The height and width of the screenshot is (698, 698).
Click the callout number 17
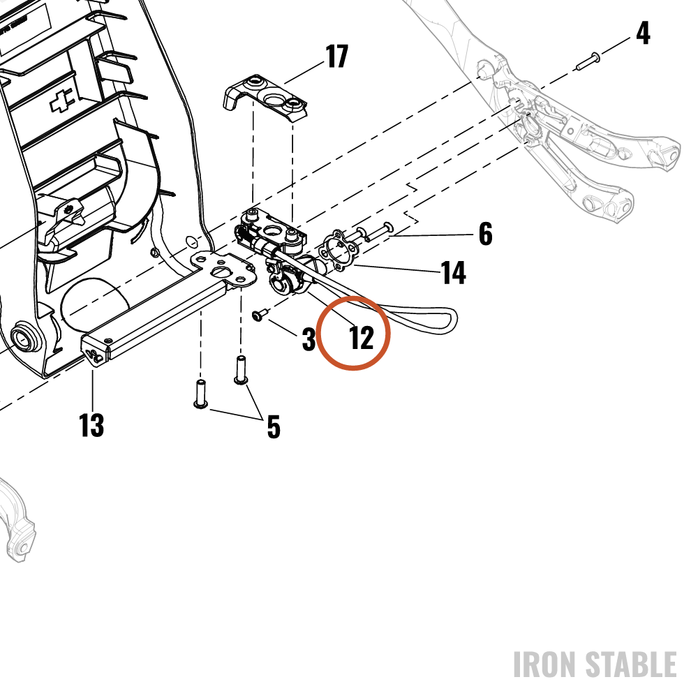(x=336, y=57)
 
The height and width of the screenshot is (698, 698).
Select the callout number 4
(x=643, y=33)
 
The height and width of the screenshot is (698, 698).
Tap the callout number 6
(x=486, y=234)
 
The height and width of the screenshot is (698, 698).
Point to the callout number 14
(x=454, y=272)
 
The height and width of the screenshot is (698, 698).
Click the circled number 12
(x=362, y=339)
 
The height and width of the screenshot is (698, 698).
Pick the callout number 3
(x=309, y=339)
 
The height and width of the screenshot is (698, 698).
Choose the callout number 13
(x=91, y=424)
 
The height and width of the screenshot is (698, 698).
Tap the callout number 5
(x=274, y=427)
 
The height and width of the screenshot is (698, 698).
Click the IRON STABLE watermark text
(x=595, y=664)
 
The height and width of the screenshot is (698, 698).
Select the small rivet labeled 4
(x=588, y=61)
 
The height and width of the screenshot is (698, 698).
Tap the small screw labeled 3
(x=260, y=315)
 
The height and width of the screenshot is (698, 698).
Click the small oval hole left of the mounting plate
(x=191, y=242)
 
